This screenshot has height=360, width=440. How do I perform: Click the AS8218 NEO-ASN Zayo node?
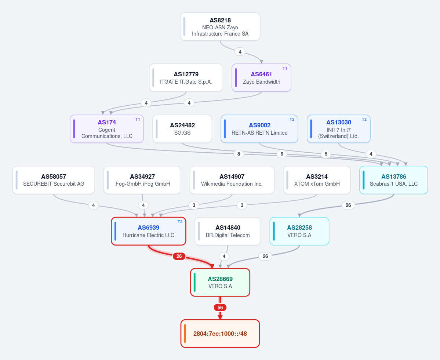pos(220,27)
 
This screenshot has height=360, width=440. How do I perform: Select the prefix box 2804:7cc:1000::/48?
pos(220,334)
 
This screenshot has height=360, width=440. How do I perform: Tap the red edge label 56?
pos(220,308)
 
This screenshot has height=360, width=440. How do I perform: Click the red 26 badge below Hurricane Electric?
pos(179,256)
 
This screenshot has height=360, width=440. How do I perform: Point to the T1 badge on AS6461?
pos(285,68)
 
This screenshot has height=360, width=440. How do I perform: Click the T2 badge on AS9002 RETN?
pos(292,119)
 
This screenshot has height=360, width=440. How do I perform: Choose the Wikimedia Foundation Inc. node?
pos(232,180)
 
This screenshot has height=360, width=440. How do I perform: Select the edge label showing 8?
pos(239,154)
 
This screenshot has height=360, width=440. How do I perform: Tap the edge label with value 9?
pos(282,154)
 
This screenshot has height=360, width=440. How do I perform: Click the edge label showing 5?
pos(326,154)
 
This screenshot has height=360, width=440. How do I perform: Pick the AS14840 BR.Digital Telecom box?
pos(228,231)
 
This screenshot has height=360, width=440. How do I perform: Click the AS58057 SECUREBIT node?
pos(54,180)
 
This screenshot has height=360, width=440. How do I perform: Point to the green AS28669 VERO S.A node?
pos(220,282)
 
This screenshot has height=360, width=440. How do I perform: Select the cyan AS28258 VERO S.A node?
pos(299,231)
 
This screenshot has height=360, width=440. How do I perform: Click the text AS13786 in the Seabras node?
pos(394,177)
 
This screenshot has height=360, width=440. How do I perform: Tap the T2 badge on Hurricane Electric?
pos(180,222)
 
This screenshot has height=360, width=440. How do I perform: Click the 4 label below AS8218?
pos(240,52)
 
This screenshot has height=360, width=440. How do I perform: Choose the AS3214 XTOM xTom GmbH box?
pos(317,180)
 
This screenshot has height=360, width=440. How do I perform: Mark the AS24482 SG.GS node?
pos(182,129)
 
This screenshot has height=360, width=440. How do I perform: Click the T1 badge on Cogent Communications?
pos(138,119)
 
